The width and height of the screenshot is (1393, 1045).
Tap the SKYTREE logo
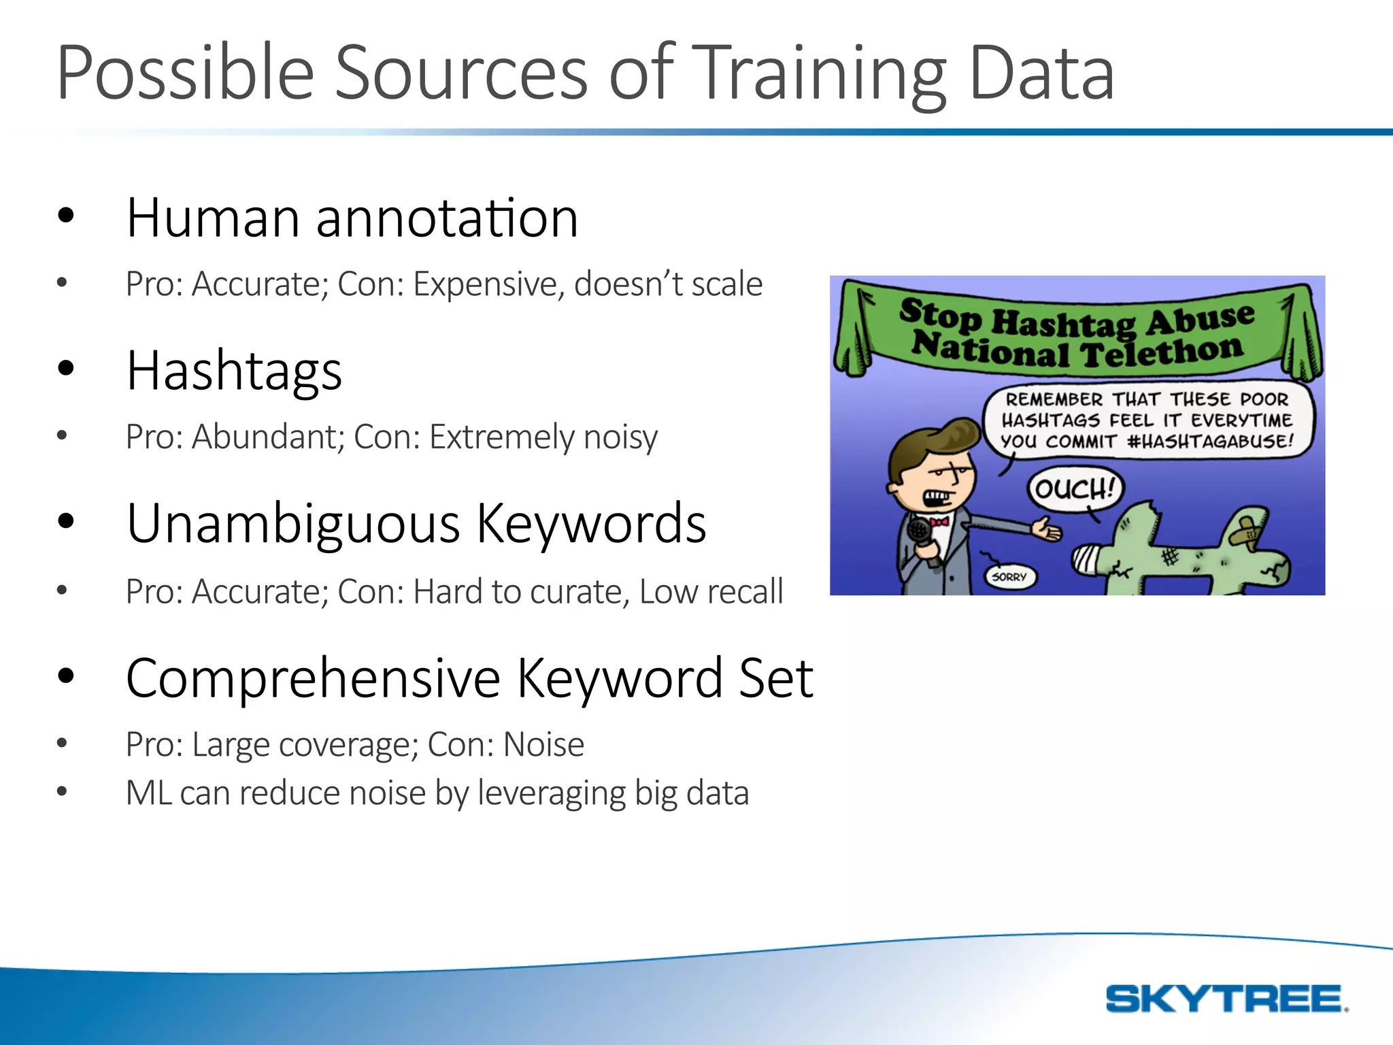pyautogui.click(x=1225, y=999)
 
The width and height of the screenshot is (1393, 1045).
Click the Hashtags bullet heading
pyautogui.click(x=234, y=371)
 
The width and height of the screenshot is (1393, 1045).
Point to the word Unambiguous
pyautogui.click(x=293, y=524)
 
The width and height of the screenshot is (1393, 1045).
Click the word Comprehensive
pyautogui.click(x=313, y=678)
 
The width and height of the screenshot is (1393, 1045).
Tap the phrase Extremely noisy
pyautogui.click(x=543, y=437)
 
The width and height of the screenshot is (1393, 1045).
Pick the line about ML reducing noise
pyautogui.click(x=437, y=793)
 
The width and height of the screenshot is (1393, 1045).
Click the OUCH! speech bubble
pyautogui.click(x=1074, y=488)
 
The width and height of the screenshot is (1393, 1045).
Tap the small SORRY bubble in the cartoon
pyautogui.click(x=1009, y=577)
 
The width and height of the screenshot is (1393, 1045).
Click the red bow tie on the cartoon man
pyautogui.click(x=939, y=522)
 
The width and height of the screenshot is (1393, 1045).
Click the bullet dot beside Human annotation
pyautogui.click(x=65, y=216)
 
